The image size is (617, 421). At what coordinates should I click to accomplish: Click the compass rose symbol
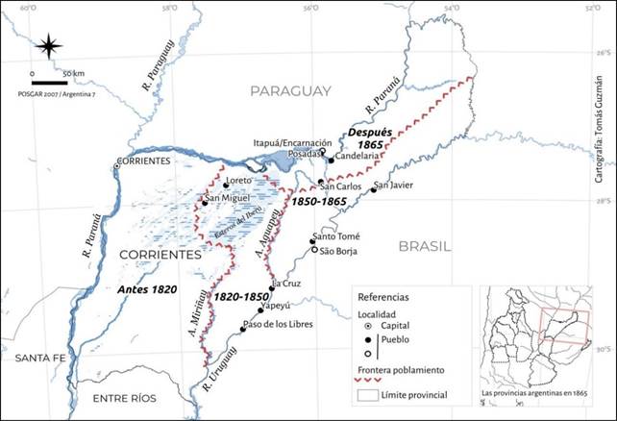point(49,45)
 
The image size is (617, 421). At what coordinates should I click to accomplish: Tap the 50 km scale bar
point(49,82)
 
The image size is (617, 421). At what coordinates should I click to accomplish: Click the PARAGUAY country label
point(289,90)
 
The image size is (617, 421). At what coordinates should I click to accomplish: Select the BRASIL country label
point(425,246)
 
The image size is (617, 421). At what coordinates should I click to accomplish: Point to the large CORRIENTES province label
point(160,255)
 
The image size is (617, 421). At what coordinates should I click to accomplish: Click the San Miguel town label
point(230,198)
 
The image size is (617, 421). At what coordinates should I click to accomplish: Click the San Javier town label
point(394,185)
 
